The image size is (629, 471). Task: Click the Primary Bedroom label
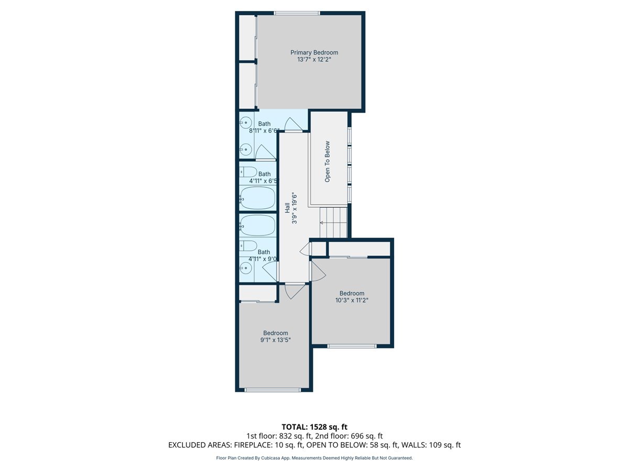[x=314, y=53]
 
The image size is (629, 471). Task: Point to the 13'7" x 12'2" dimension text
[x=314, y=60]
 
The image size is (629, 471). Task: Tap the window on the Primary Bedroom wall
[x=297, y=13]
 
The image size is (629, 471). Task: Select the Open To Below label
[x=327, y=162]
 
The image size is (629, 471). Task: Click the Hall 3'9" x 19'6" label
[x=290, y=209]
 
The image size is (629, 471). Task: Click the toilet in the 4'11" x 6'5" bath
[x=248, y=172]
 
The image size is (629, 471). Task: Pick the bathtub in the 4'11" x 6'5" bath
[x=257, y=198]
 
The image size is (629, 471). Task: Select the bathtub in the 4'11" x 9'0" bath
[x=257, y=226]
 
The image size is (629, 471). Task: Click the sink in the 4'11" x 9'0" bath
[x=246, y=268]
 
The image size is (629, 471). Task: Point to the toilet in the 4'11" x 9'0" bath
[x=248, y=245]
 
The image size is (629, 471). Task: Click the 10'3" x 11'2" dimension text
[x=352, y=300]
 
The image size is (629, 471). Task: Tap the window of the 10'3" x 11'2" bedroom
[x=352, y=346]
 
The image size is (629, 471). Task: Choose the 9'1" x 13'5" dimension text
[x=275, y=340]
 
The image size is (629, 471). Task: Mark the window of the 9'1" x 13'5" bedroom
[x=273, y=390]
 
